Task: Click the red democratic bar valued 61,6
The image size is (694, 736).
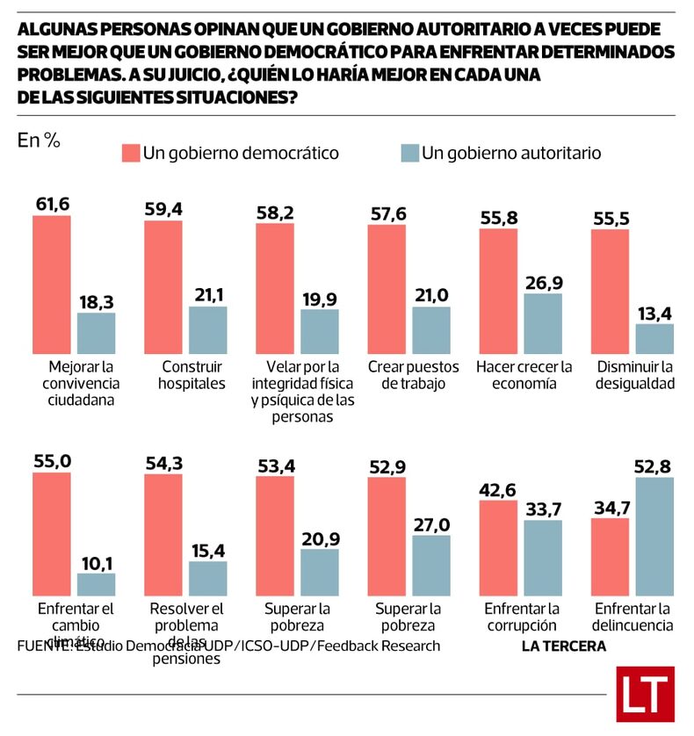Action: [x=52, y=284]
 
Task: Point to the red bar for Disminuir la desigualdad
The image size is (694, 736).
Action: [x=610, y=291]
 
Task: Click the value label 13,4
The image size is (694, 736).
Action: [x=654, y=313]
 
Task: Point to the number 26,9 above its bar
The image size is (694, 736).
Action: [x=542, y=282]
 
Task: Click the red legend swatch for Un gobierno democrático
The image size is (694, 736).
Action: [x=131, y=153]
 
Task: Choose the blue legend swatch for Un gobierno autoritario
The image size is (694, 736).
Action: [x=409, y=153]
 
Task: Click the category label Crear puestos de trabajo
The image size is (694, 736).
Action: [x=408, y=375]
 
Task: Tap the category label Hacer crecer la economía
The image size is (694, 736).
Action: [x=524, y=375]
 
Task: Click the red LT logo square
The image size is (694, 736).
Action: [x=645, y=694]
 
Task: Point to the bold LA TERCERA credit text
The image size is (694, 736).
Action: [x=563, y=646]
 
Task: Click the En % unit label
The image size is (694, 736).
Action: [x=39, y=141]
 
